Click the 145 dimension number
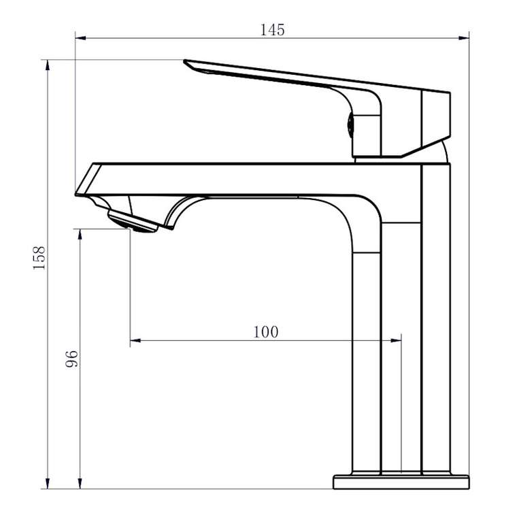pos(272,30)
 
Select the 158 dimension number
pos(39,258)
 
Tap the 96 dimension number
pos(71,359)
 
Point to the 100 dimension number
pos(265,332)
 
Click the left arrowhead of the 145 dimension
pos(81,38)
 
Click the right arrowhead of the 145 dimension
pos(464,38)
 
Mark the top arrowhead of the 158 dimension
pos(48,65)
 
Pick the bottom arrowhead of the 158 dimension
pos(48,484)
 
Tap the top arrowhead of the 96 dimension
pos(80,234)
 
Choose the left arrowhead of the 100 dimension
pos(135,340)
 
